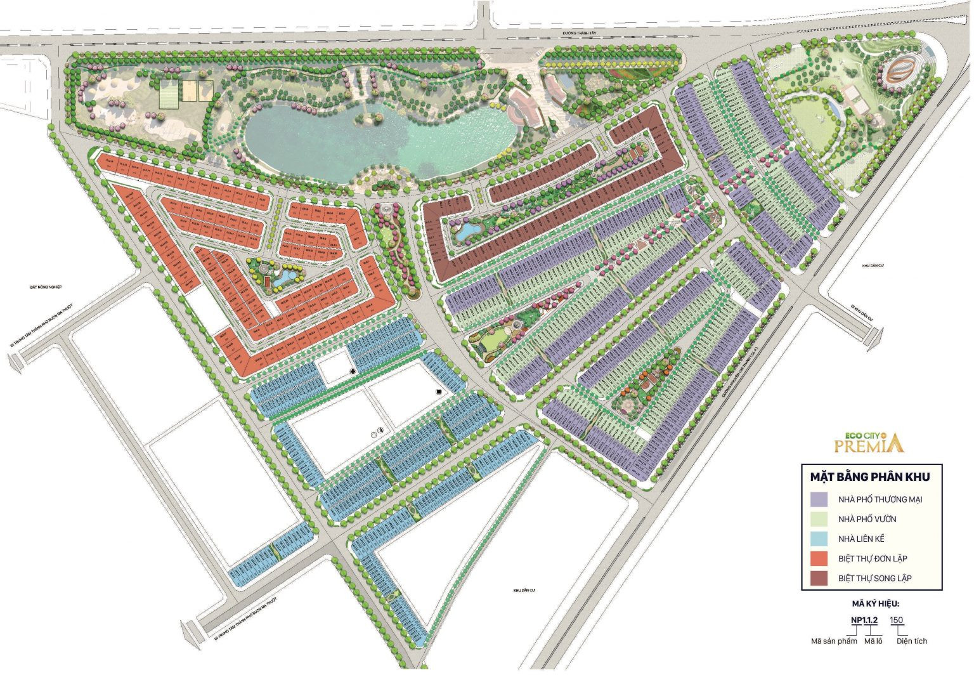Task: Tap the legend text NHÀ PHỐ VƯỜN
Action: [x=867, y=519]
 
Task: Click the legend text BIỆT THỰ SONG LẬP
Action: [x=874, y=578]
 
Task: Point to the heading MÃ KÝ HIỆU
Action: [x=875, y=604]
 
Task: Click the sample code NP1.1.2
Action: [x=864, y=620]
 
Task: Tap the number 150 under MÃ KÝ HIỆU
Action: [x=897, y=620]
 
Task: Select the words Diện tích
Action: [x=911, y=641]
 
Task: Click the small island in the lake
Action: [x=367, y=119]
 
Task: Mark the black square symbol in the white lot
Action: [x=438, y=393]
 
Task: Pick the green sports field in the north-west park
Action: [x=166, y=93]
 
